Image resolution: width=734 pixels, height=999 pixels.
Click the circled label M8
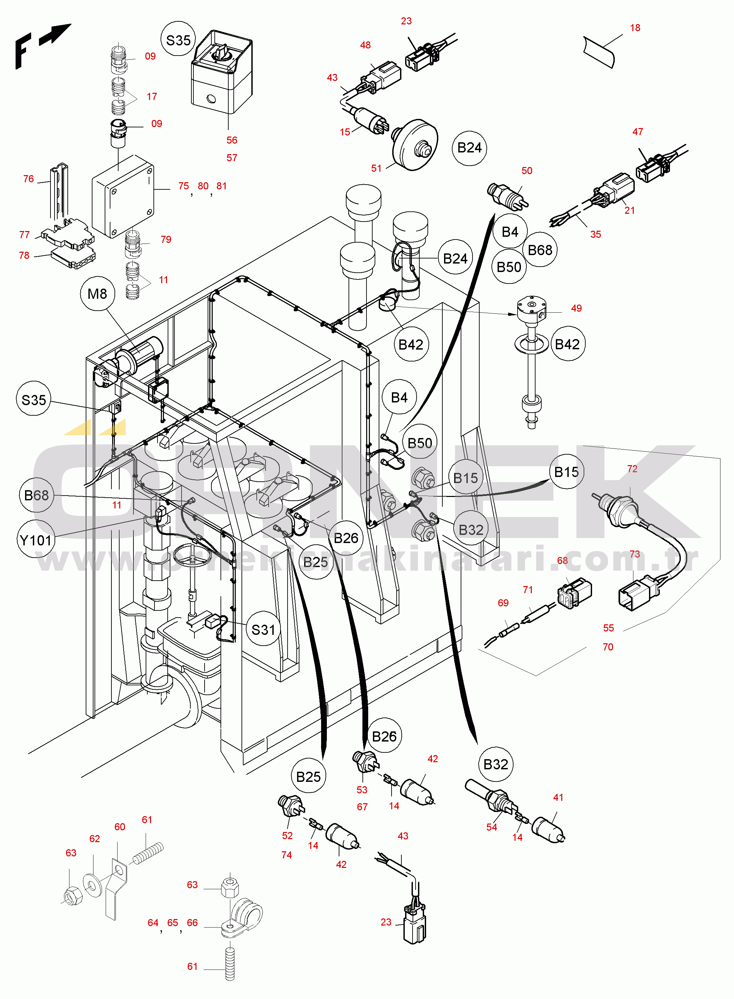97,294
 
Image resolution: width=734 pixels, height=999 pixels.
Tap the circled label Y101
36,540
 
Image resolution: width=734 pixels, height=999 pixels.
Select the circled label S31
263,629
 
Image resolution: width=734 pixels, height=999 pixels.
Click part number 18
635,28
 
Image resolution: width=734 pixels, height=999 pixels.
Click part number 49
576,308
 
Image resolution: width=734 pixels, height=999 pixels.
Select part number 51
376,168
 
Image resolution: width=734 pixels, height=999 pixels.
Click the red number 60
120,827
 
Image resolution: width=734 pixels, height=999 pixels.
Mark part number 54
491,827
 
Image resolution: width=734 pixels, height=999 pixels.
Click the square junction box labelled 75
123,196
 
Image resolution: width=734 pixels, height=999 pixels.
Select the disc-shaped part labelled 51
415,144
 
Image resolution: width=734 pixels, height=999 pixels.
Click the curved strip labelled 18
600,51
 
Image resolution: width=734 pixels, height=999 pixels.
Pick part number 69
503,603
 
